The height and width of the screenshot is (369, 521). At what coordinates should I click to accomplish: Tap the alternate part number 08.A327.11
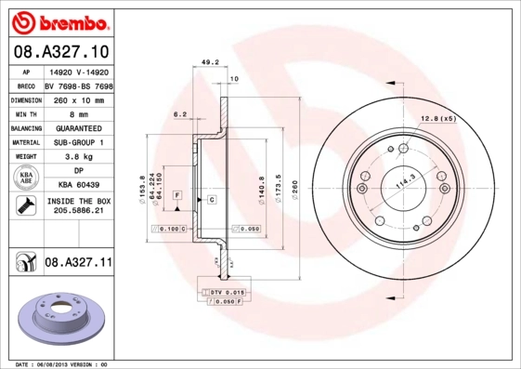(x=78, y=263)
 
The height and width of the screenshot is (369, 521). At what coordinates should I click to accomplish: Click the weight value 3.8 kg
(x=78, y=157)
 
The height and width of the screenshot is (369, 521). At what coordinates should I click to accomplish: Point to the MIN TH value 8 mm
(x=78, y=112)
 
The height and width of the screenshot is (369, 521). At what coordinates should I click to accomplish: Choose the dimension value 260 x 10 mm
(x=78, y=98)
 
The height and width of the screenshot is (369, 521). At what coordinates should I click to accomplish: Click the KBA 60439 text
(x=78, y=186)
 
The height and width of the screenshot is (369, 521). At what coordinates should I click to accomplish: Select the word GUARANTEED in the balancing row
(x=78, y=127)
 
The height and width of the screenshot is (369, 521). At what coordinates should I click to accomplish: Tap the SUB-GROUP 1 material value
(x=78, y=142)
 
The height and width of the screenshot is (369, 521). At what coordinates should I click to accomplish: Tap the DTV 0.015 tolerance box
(x=226, y=293)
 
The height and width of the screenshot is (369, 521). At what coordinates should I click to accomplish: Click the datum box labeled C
(x=212, y=200)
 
